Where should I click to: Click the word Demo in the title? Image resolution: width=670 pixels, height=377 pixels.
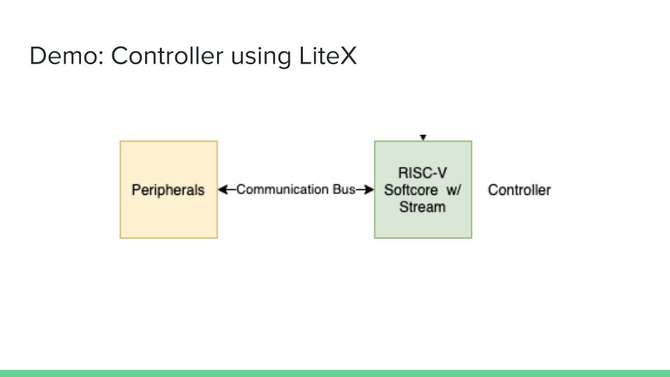pos(64,56)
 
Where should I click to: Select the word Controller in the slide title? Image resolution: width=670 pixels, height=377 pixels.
pos(165,56)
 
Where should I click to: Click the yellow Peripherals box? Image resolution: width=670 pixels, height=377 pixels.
pos(169,216)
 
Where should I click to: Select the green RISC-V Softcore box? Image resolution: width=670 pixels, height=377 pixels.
pos(423,227)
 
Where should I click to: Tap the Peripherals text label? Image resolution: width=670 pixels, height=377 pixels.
pos(168,190)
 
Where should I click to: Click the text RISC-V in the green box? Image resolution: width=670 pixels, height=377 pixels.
pos(422,173)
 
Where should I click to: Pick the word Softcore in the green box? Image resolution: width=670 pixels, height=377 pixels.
pos(411,190)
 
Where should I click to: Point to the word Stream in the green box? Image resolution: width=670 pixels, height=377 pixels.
pos(422,207)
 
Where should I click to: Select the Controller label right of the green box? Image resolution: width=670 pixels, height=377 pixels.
pos(519,190)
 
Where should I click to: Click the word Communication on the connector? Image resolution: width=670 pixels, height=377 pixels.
pos(283,189)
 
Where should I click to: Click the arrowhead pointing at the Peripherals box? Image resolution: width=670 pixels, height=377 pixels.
pos(223,189)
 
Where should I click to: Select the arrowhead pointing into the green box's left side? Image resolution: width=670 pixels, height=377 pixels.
pos(369,189)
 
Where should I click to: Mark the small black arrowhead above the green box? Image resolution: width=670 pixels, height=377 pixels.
pos(423,138)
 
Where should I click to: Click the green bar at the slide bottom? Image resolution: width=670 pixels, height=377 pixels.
pos(335,373)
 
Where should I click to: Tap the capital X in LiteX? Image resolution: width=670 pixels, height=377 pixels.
pos(348,56)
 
